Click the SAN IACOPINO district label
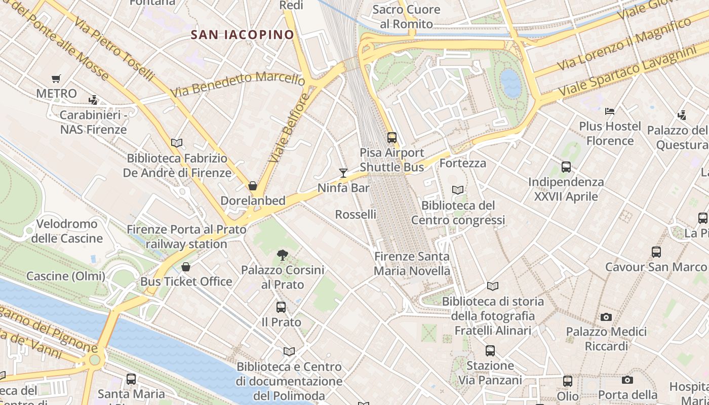coord(242,34)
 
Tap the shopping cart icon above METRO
coord(56,78)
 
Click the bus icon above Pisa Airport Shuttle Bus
coord(391,137)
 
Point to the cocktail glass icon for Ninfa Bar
coord(343,173)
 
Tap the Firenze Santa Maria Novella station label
coord(412,263)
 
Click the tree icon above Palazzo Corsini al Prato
coord(283,255)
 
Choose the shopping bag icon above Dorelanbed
coord(253,186)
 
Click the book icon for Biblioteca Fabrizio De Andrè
coord(177,143)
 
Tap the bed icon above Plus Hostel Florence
coord(610,111)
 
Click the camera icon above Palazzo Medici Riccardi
coord(606,317)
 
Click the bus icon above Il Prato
coord(281,307)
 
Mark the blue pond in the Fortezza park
coord(510,83)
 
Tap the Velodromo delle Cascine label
coord(67,231)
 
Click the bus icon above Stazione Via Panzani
coord(490,350)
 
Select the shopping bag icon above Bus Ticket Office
coord(186,267)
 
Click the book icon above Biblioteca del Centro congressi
coord(458,190)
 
